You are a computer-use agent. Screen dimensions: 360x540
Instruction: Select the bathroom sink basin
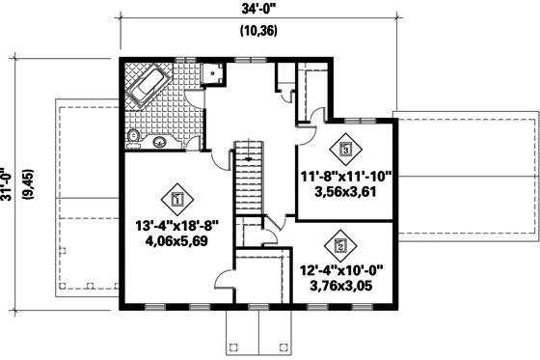(x=161, y=142)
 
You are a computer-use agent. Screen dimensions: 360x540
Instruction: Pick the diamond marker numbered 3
(x=345, y=150)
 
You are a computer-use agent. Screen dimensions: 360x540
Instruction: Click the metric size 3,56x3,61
(x=344, y=192)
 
